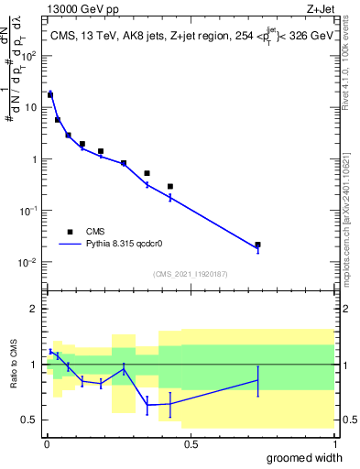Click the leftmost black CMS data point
pos(50,94)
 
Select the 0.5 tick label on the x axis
pos(191,444)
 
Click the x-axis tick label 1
pos(333,444)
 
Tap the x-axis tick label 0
pos(47,444)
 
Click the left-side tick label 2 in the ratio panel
pos(36,309)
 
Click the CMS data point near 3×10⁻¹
pos(170,186)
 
